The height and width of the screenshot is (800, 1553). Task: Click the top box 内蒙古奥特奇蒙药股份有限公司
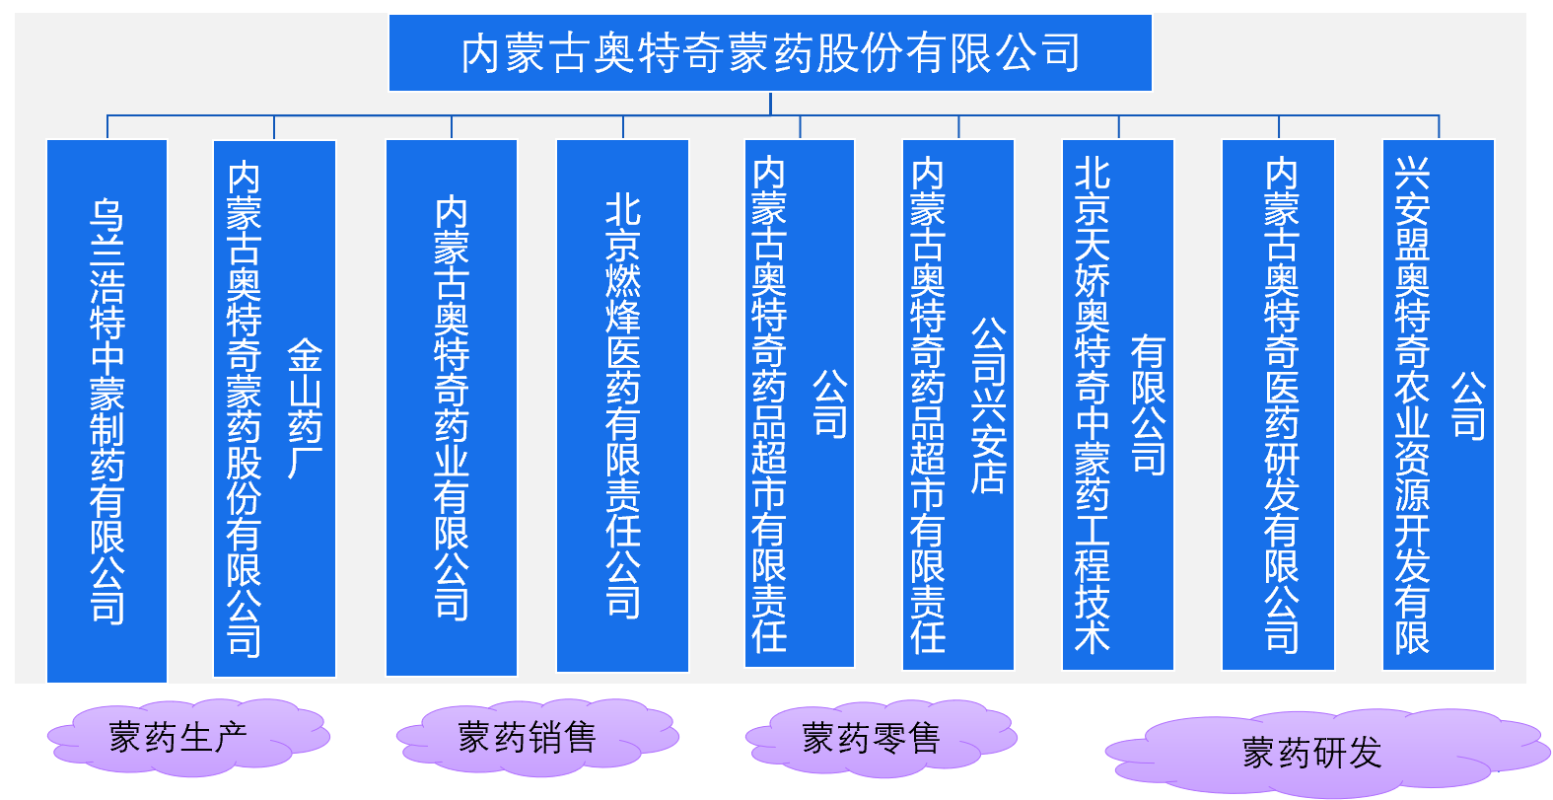[x=770, y=52]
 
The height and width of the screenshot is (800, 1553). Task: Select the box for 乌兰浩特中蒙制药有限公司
[x=106, y=410]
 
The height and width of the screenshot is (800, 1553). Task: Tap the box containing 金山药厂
[x=274, y=408]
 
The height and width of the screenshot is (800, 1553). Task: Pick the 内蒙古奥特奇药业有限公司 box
[x=452, y=408]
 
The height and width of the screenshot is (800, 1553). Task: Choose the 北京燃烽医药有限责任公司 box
[x=622, y=405]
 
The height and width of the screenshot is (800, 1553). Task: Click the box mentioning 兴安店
[x=958, y=404]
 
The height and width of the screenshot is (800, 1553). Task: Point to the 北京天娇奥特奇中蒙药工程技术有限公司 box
[x=1118, y=404]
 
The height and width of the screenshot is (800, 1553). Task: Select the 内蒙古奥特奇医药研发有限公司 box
[x=1279, y=404]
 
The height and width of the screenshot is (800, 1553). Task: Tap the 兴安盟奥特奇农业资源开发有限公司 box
[x=1439, y=404]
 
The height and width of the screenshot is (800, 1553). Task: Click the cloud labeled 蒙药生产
[x=188, y=736]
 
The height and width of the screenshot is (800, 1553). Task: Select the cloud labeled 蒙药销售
[x=537, y=736]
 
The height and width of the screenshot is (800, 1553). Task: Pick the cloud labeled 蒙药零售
[x=882, y=738]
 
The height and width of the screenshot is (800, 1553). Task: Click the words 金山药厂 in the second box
[x=305, y=408]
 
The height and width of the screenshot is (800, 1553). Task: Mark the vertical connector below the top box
[x=770, y=104]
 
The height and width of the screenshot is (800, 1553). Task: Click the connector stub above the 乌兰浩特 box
[x=107, y=127]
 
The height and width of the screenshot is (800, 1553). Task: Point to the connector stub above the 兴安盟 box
[x=1439, y=127]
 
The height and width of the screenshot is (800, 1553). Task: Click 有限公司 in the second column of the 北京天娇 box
[x=1149, y=405]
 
